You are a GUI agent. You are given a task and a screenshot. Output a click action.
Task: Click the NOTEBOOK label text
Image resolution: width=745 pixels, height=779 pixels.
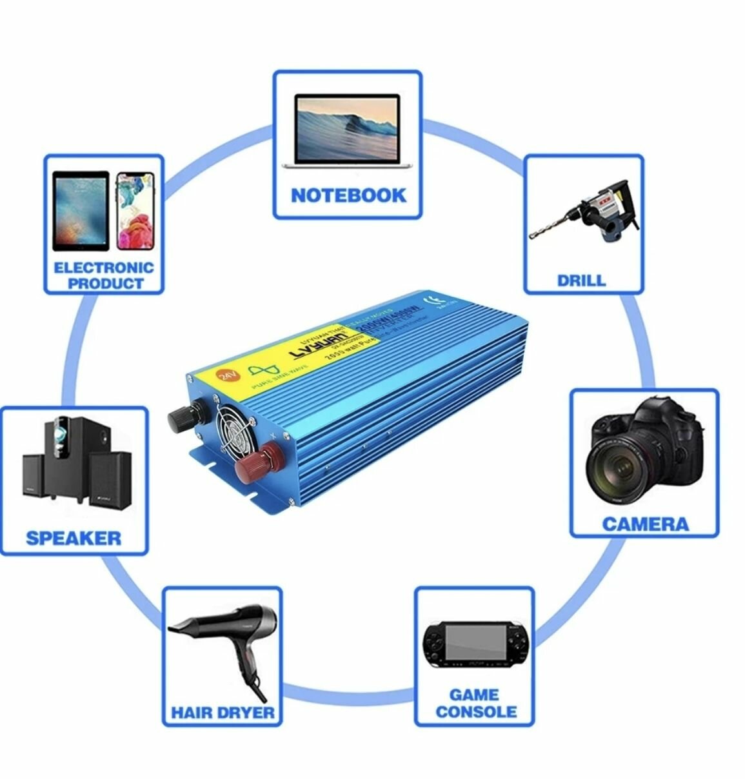[x=348, y=195]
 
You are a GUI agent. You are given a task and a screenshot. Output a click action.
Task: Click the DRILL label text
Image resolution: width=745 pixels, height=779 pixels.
[x=582, y=280]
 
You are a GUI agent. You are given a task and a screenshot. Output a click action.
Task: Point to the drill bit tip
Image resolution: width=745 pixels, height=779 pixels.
[x=533, y=236]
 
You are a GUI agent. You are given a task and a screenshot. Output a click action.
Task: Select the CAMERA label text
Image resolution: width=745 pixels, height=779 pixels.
[x=645, y=523]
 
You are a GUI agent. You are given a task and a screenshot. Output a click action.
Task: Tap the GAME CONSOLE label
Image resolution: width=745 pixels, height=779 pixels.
[x=475, y=703]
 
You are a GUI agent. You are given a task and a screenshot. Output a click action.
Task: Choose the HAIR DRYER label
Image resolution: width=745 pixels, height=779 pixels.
[x=223, y=712]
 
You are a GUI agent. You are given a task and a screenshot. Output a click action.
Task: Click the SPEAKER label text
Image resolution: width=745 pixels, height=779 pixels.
[x=74, y=538]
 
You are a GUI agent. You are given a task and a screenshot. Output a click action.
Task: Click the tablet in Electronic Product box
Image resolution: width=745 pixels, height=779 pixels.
[x=81, y=211]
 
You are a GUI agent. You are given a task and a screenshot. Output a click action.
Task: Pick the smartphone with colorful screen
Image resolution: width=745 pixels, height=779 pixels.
[x=135, y=211]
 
